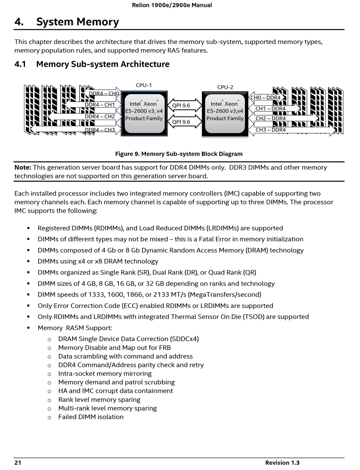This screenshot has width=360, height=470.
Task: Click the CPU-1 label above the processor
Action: pyautogui.click(x=144, y=86)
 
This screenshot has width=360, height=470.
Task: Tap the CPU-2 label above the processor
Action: pyautogui.click(x=225, y=87)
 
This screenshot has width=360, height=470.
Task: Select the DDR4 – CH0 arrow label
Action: pyautogui.click(x=104, y=94)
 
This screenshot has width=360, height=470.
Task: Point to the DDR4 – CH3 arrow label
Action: pyautogui.click(x=100, y=130)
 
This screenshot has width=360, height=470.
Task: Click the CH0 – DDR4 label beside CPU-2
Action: pyautogui.click(x=265, y=98)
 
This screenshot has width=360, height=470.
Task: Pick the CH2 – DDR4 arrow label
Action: pyautogui.click(x=271, y=119)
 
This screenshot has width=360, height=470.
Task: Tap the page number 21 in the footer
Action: pyautogui.click(x=18, y=463)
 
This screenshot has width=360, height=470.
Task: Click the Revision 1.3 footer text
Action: pyautogui.click(x=282, y=463)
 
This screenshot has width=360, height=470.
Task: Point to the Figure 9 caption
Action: pyautogui.click(x=179, y=154)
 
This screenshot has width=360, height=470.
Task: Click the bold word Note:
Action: pyautogui.click(x=23, y=167)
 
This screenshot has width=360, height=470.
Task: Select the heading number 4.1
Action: pyautogui.click(x=20, y=64)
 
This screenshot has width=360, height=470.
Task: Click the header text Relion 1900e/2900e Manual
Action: pyautogui.click(x=172, y=5)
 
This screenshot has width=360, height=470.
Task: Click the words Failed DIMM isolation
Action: pyautogui.click(x=91, y=417)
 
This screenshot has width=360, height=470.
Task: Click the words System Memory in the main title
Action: pyautogui.click(x=77, y=22)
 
